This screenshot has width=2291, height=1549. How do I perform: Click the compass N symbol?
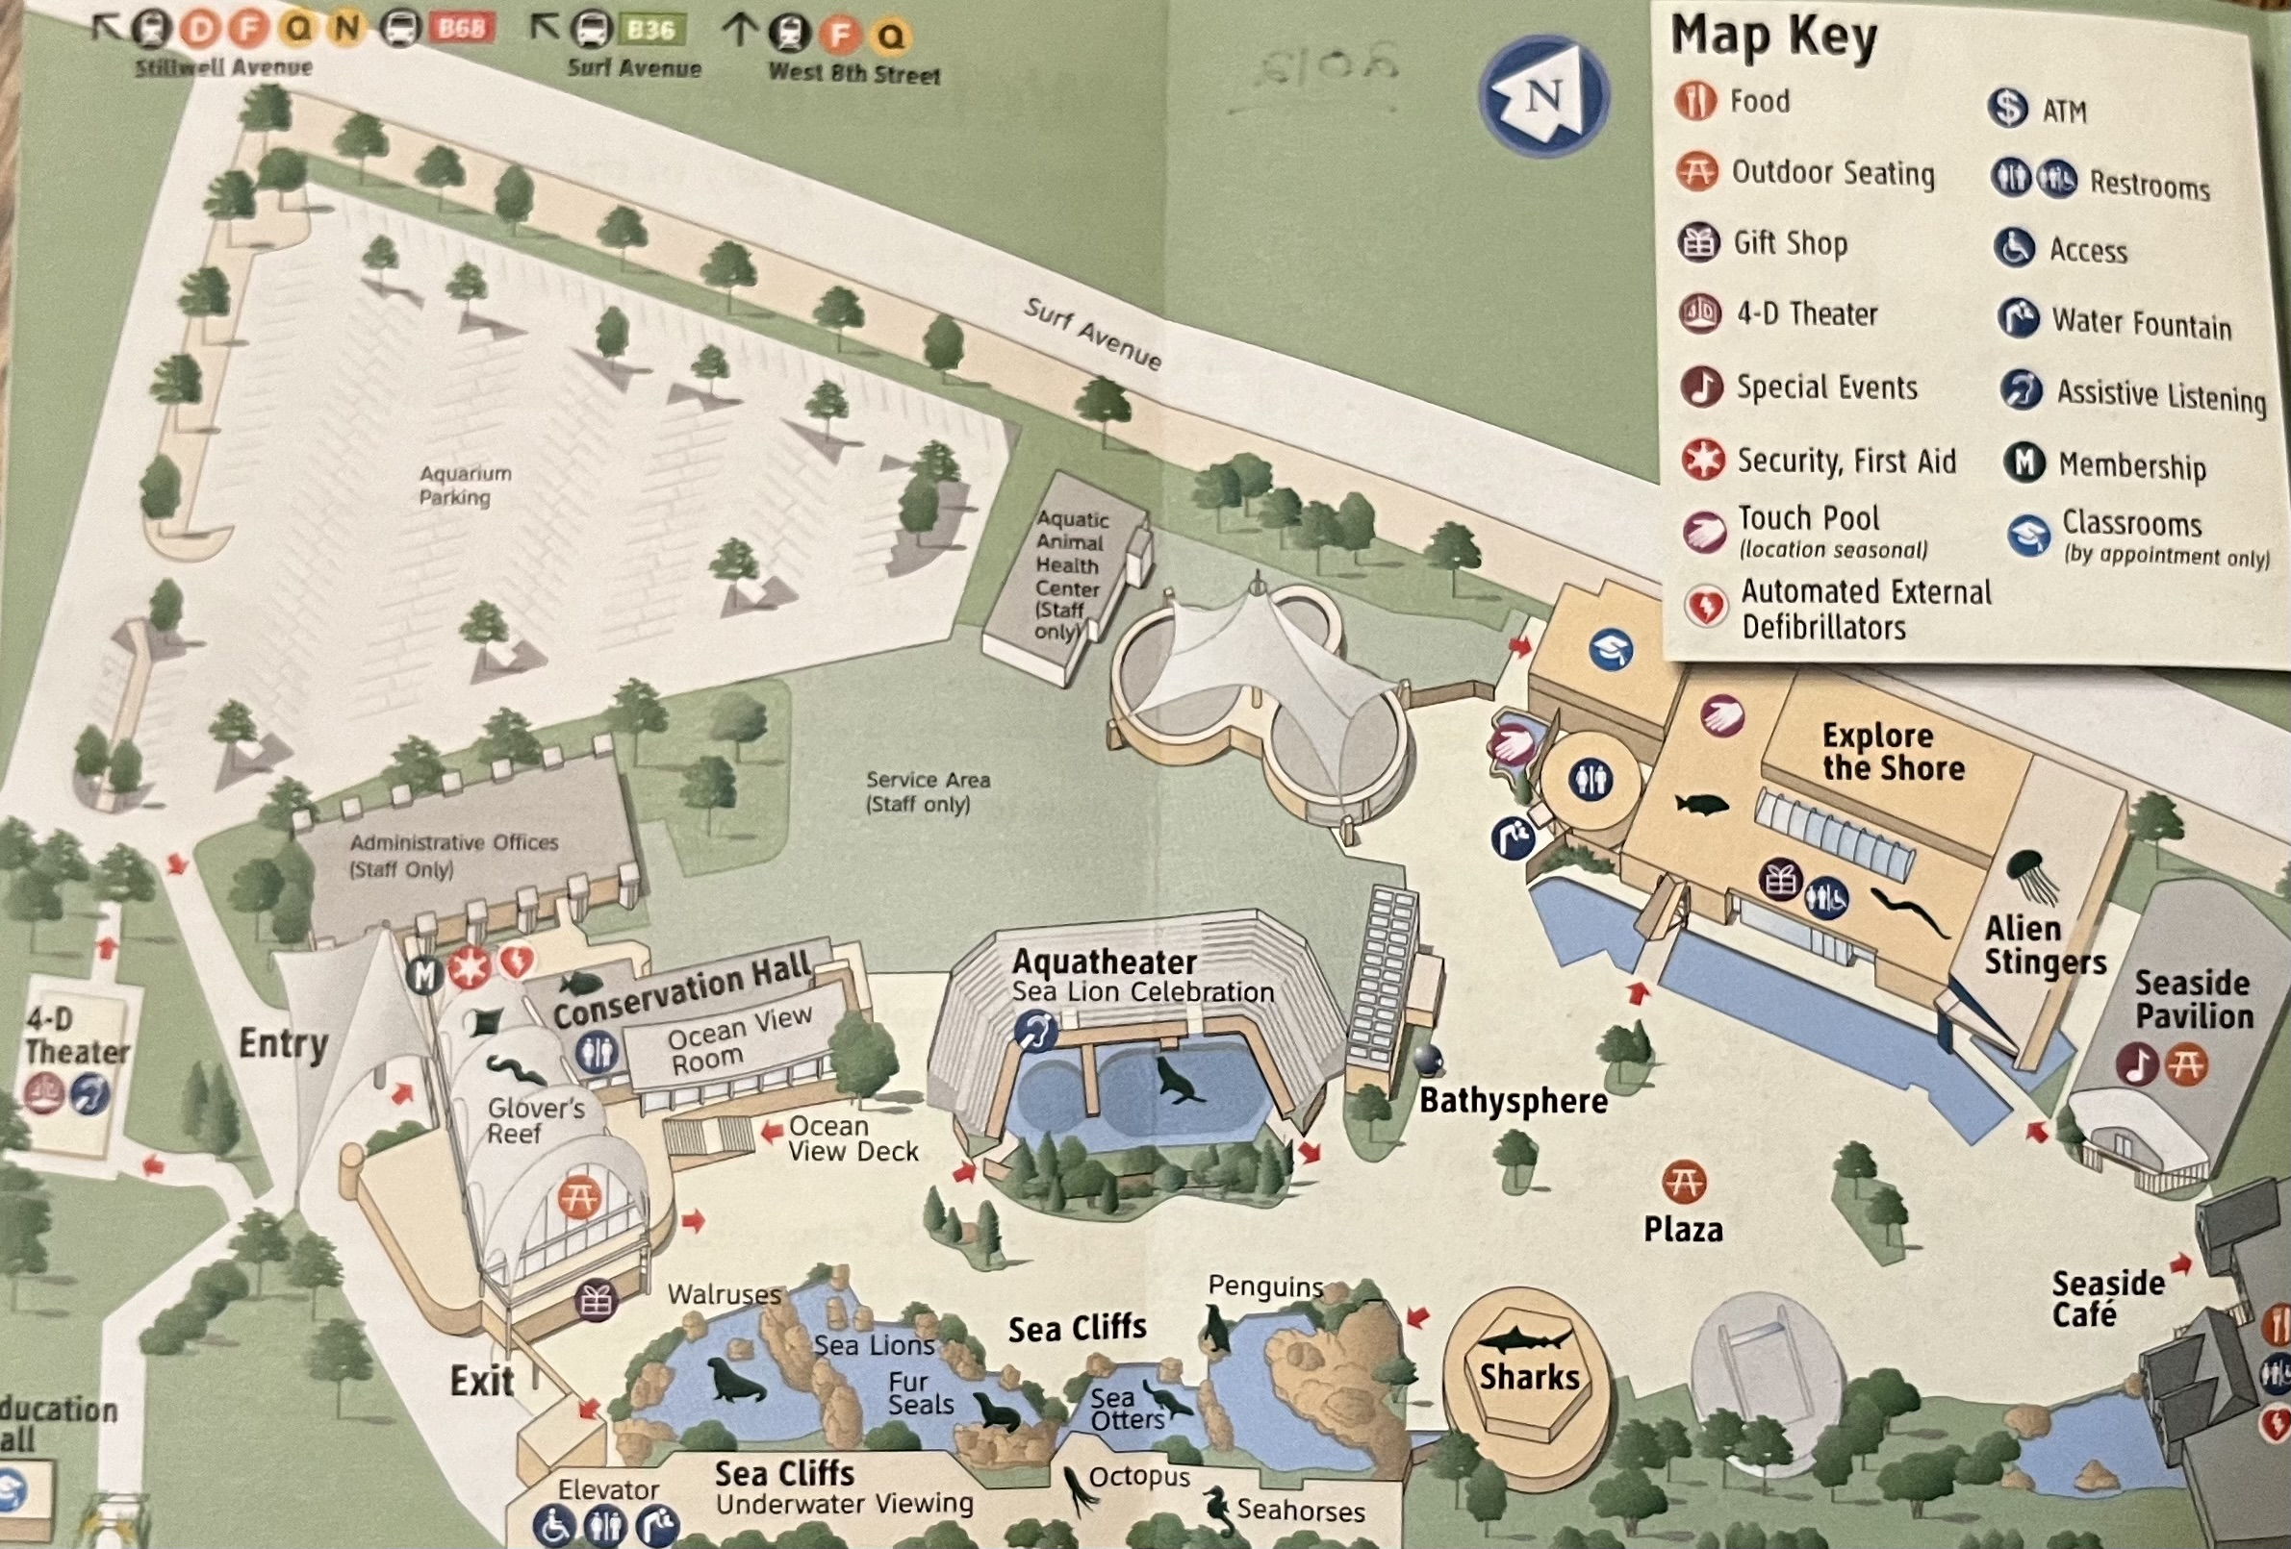(x=1543, y=95)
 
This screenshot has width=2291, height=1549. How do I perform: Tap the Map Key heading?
(x=1773, y=37)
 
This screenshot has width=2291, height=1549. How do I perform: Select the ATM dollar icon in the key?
(x=2007, y=109)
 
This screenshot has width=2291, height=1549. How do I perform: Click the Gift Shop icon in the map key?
(x=1698, y=242)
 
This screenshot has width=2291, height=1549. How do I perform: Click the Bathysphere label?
(x=1514, y=1101)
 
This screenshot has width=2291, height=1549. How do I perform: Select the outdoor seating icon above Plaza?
(x=1684, y=1181)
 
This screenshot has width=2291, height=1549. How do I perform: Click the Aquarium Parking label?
(x=466, y=485)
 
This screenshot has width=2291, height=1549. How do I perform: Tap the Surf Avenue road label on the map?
(x=1092, y=334)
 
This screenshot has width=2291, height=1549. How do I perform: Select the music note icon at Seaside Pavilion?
(x=2136, y=1065)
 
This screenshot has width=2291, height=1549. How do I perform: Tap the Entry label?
(x=283, y=1043)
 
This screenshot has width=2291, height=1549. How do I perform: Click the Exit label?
(x=481, y=1382)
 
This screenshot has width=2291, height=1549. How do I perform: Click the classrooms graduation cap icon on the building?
(x=1611, y=649)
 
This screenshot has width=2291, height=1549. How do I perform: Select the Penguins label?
(x=1265, y=1286)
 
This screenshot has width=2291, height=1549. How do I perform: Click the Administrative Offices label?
(x=453, y=856)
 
